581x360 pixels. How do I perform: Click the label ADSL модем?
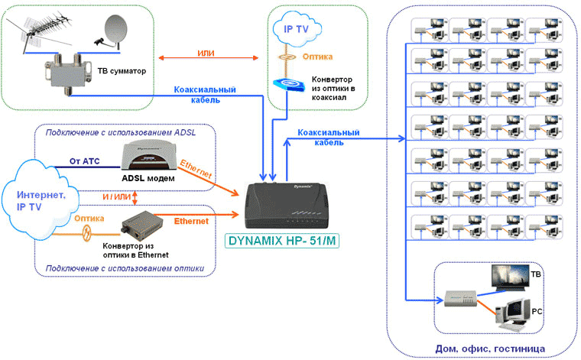pos(147,178)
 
